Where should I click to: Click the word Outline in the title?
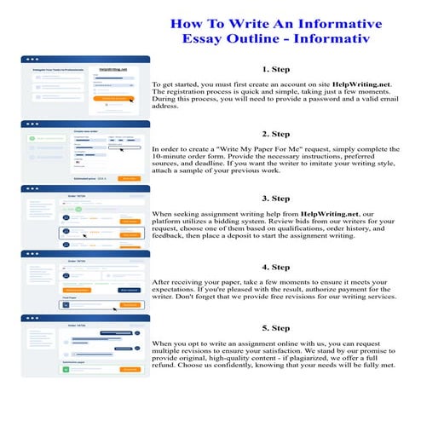pyautogui.click(x=268, y=39)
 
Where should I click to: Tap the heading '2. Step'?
pyautogui.click(x=277, y=134)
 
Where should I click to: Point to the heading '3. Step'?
pyautogui.click(x=277, y=198)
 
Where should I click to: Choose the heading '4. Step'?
pyautogui.click(x=277, y=267)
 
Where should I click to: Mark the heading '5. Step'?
pyautogui.click(x=277, y=327)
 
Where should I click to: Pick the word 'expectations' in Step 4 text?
pyautogui.click(x=177, y=290)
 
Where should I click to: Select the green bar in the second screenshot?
pyautogui.click(x=43, y=136)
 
